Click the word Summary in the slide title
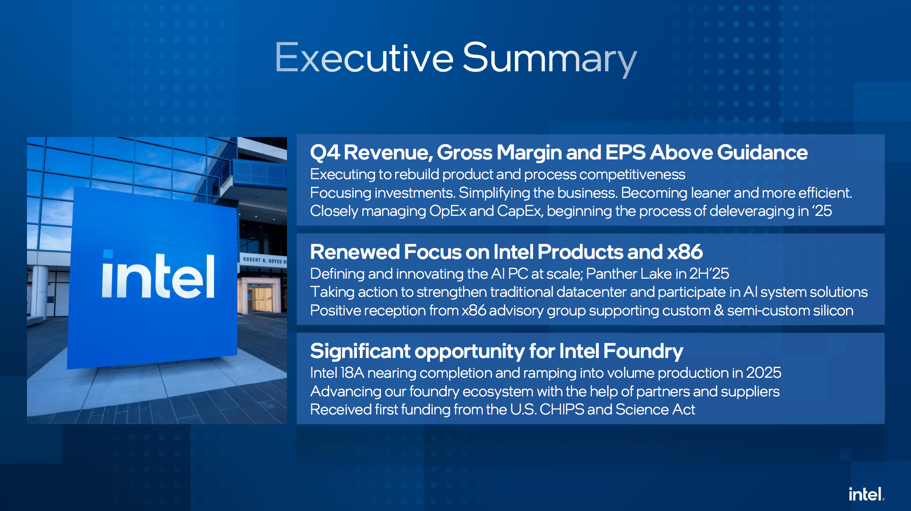[550, 59]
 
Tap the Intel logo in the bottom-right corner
[866, 494]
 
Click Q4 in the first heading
[325, 153]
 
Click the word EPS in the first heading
[625, 152]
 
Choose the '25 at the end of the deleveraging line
[821, 210]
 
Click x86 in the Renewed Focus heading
[685, 252]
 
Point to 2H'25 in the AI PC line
[709, 274]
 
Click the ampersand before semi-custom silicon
[719, 310]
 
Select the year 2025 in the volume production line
[764, 373]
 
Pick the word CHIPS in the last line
[562, 409]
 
